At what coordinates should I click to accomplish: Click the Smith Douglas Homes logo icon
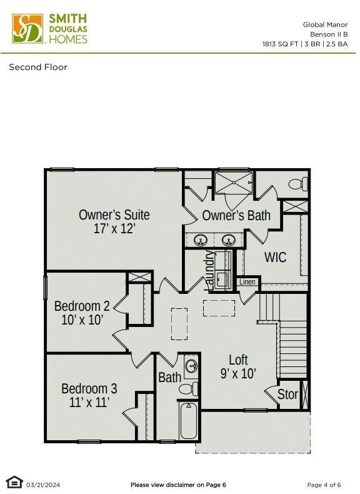coord(27,29)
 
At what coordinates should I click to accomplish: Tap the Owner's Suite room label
coord(114,214)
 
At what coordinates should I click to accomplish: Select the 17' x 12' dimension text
coord(114,229)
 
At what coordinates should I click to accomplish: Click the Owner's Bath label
coord(236,216)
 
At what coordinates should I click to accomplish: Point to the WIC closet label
coord(275,257)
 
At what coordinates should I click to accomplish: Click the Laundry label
coord(210,269)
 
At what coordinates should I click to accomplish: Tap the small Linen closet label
coord(247,282)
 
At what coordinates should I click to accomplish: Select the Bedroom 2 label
coord(82,306)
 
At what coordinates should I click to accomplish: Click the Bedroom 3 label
coord(89,388)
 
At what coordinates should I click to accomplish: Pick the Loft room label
coord(238,360)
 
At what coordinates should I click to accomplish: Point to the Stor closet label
coord(287,395)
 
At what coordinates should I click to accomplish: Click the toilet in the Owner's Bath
coord(297,184)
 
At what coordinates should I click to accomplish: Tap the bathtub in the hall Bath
coord(188,421)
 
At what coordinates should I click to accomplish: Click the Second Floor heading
coord(38,67)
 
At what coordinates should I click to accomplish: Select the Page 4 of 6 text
coord(324,485)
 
